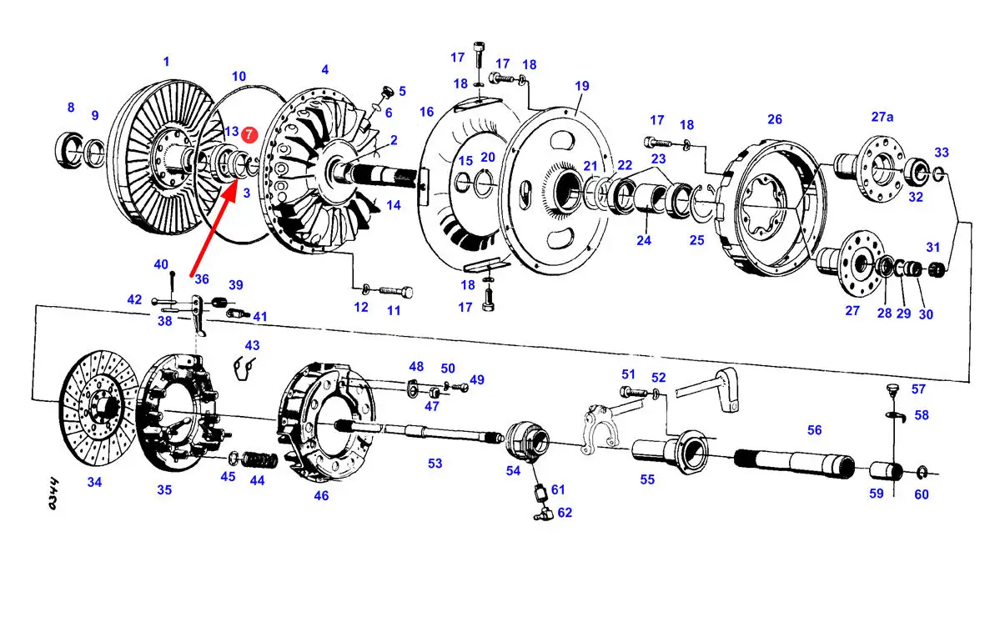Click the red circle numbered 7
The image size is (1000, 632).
pos(249,134)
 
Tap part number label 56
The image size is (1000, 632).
pos(814,430)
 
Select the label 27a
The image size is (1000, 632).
pos(882,117)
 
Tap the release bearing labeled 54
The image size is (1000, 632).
pos(527,440)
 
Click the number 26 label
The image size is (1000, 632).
pos(774,119)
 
